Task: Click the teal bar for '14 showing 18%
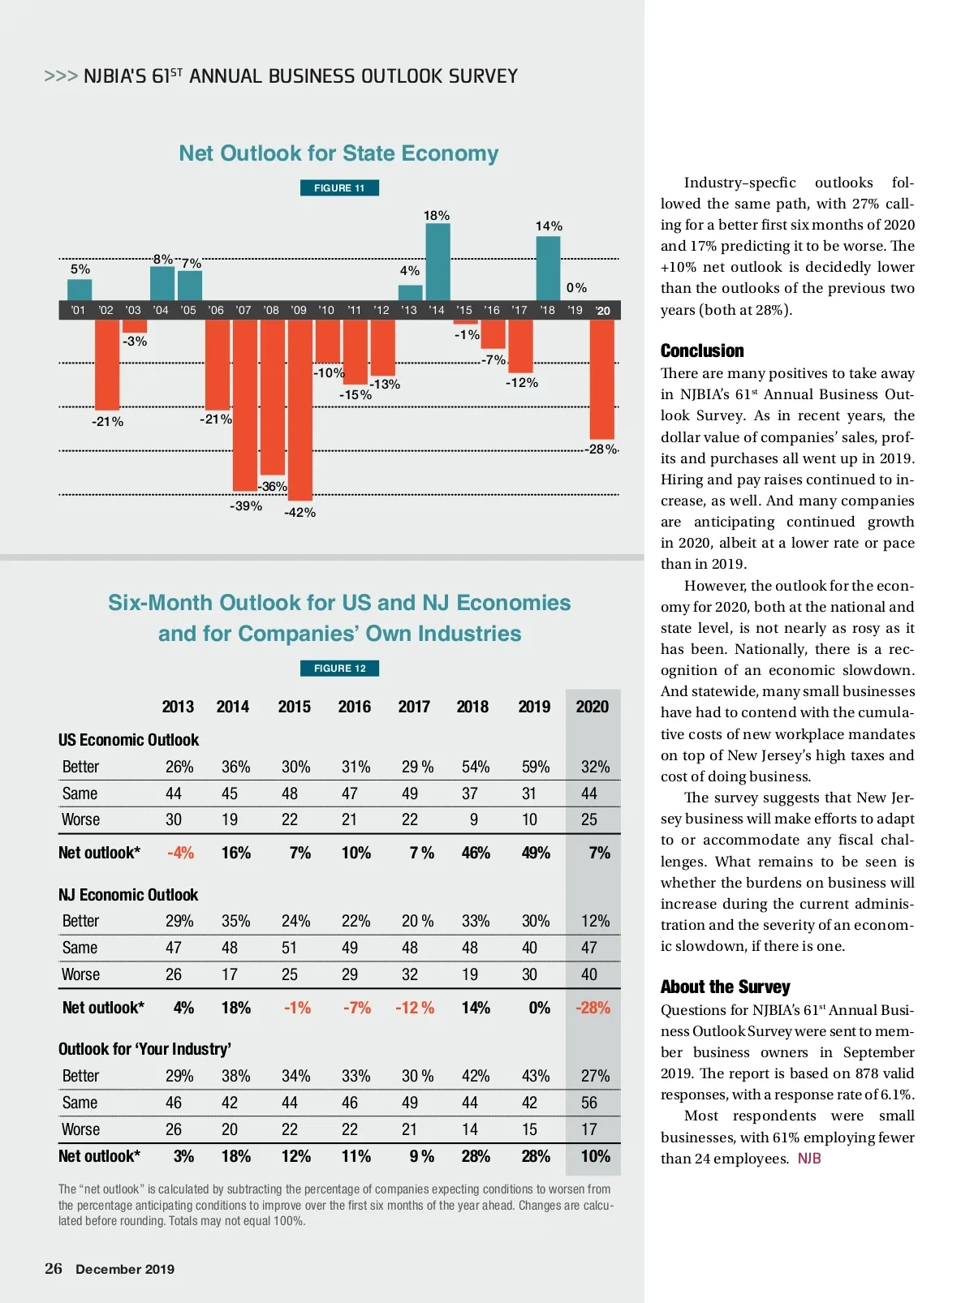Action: click(437, 262)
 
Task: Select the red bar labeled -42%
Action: click(300, 410)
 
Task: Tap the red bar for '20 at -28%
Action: click(601, 379)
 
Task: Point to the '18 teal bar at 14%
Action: click(548, 269)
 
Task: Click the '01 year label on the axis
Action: click(78, 310)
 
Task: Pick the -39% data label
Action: click(246, 506)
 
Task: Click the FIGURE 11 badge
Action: click(339, 188)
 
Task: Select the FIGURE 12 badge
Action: click(339, 669)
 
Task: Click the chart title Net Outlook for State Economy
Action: click(338, 153)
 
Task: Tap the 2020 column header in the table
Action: click(592, 707)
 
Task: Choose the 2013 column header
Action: click(178, 707)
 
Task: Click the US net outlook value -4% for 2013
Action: click(180, 853)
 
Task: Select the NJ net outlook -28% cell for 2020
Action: click(593, 1008)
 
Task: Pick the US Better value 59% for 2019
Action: click(535, 767)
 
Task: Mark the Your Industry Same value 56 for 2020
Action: click(589, 1103)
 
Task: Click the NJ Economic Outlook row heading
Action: click(128, 895)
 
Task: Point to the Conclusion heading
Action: click(702, 351)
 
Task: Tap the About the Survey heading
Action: click(725, 987)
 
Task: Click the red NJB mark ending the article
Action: click(809, 1159)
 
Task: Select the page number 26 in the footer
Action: click(54, 1269)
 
